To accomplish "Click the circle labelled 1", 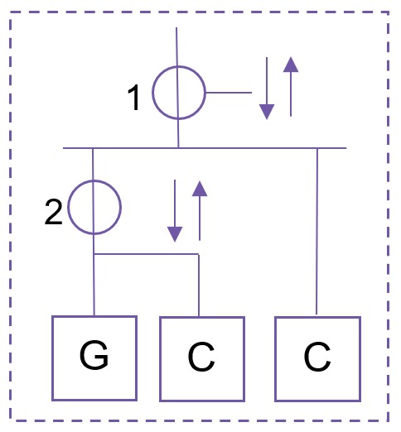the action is pos(152,93).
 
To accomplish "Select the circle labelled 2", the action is pos(68,207).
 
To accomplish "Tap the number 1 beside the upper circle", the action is pos(134,98).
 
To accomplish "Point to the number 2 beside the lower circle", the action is pos(53,213).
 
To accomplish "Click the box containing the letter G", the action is pos(52,358).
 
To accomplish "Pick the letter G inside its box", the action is pos(94,355).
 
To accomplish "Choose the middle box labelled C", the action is pos(160,358).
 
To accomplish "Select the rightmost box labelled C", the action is pos(275,358).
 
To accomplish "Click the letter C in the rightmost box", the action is pos(317,357).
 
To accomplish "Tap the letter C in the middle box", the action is pos(201,357).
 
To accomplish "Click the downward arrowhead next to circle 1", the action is pos(267,112).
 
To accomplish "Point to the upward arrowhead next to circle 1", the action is pos(291,65).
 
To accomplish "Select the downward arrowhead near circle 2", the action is pos(175,234).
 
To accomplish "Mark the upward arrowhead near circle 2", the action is pos(200,189).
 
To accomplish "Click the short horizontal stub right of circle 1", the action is pos(229,93).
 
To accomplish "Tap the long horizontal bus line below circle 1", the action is pos(205,148).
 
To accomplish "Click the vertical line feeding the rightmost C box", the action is pos(317,232).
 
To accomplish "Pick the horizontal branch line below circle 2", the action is pos(147,254).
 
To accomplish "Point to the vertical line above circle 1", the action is pos(176,46).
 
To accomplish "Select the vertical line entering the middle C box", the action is pos(199,286).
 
